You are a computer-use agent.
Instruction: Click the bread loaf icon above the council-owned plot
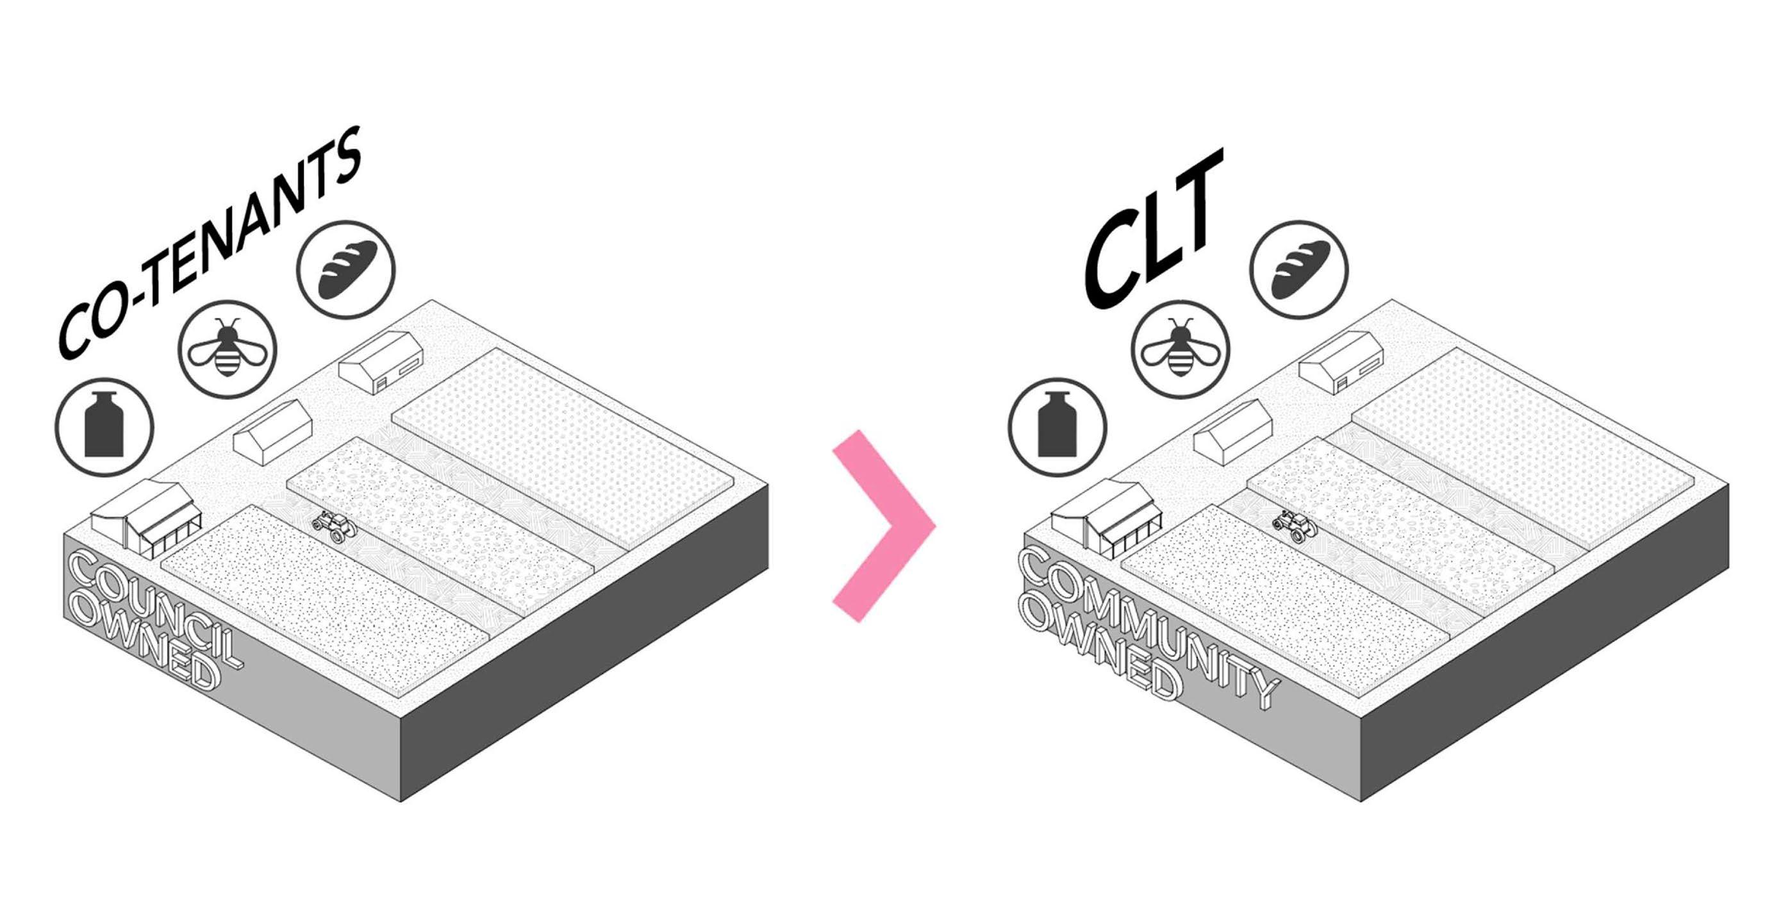point(345,269)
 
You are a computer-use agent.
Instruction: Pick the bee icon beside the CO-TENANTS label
point(228,349)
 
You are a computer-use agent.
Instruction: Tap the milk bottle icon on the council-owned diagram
point(104,427)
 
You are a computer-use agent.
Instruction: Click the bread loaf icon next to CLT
point(1299,269)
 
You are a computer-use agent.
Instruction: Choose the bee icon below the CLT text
point(1181,349)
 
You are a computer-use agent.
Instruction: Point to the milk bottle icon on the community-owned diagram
point(1057,427)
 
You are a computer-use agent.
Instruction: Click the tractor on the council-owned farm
point(335,526)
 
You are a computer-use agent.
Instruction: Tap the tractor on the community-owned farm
point(1295,526)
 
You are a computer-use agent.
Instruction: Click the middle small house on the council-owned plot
point(272,432)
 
